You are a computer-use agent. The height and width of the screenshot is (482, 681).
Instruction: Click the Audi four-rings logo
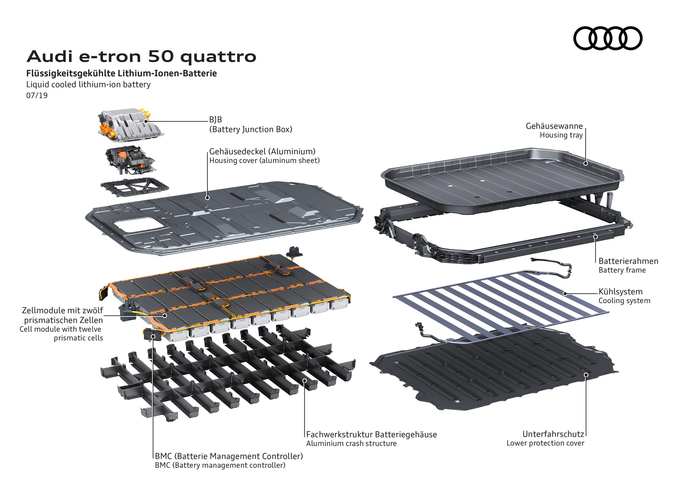click(608, 38)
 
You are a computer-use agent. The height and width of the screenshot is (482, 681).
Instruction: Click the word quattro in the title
click(218, 57)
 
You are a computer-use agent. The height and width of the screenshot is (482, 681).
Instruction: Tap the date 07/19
click(37, 95)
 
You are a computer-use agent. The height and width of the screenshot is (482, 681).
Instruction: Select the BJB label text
click(216, 120)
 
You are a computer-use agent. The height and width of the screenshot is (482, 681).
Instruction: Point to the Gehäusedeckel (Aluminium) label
click(262, 152)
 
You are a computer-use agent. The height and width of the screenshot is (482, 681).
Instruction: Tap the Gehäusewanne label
click(554, 126)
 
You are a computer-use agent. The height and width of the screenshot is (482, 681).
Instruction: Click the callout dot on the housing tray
click(586, 163)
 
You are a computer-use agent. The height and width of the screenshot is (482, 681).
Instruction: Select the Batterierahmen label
click(628, 261)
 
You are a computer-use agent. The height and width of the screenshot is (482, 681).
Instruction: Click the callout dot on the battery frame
click(596, 237)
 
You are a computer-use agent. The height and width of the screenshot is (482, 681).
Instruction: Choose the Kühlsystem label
click(620, 292)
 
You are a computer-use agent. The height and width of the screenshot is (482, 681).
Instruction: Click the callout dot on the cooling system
click(565, 294)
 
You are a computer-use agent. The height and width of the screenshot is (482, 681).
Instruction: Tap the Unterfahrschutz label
click(553, 434)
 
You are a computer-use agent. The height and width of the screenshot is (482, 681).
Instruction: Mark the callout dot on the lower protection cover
click(586, 375)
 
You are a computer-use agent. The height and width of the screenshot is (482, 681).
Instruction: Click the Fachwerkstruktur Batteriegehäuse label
click(371, 434)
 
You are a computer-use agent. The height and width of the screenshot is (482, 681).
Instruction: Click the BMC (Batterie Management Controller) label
click(229, 456)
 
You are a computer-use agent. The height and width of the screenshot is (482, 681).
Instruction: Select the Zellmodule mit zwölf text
click(62, 310)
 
